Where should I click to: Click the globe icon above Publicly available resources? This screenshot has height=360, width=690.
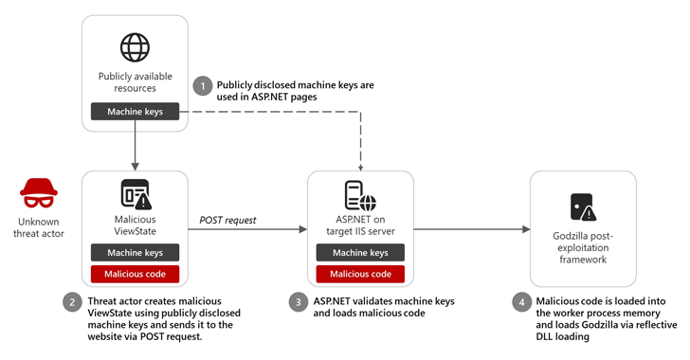click(x=136, y=47)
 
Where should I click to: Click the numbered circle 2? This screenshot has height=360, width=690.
click(x=72, y=303)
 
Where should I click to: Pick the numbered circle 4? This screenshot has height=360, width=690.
click(x=519, y=303)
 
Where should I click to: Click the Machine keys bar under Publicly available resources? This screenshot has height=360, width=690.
click(x=136, y=112)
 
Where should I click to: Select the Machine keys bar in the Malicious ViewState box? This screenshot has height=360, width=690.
click(x=136, y=253)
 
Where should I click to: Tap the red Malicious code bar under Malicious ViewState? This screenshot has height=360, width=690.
click(x=136, y=274)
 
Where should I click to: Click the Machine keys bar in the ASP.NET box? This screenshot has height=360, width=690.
click(x=360, y=253)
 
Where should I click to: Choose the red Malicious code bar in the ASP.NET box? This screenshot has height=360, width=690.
click(x=360, y=274)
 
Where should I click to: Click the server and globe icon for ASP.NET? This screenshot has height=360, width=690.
click(x=360, y=195)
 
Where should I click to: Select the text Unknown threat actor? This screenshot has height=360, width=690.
click(x=39, y=226)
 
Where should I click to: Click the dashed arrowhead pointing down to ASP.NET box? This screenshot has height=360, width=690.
click(x=360, y=165)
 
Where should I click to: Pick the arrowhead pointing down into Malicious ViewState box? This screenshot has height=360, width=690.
click(x=136, y=165)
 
